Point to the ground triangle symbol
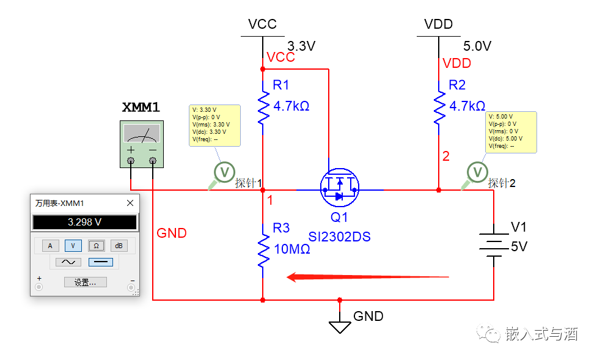[x=340, y=326]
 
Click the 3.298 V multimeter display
[x=84, y=222]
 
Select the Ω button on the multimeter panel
[x=96, y=245]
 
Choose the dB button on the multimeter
[x=119, y=245]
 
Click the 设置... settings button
[x=85, y=282]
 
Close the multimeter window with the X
[x=130, y=203]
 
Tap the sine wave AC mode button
[x=68, y=262]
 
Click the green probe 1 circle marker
[x=224, y=172]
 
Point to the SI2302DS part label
[x=339, y=237]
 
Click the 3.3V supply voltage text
[x=301, y=46]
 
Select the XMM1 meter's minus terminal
[x=153, y=161]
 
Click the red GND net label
[x=172, y=233]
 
